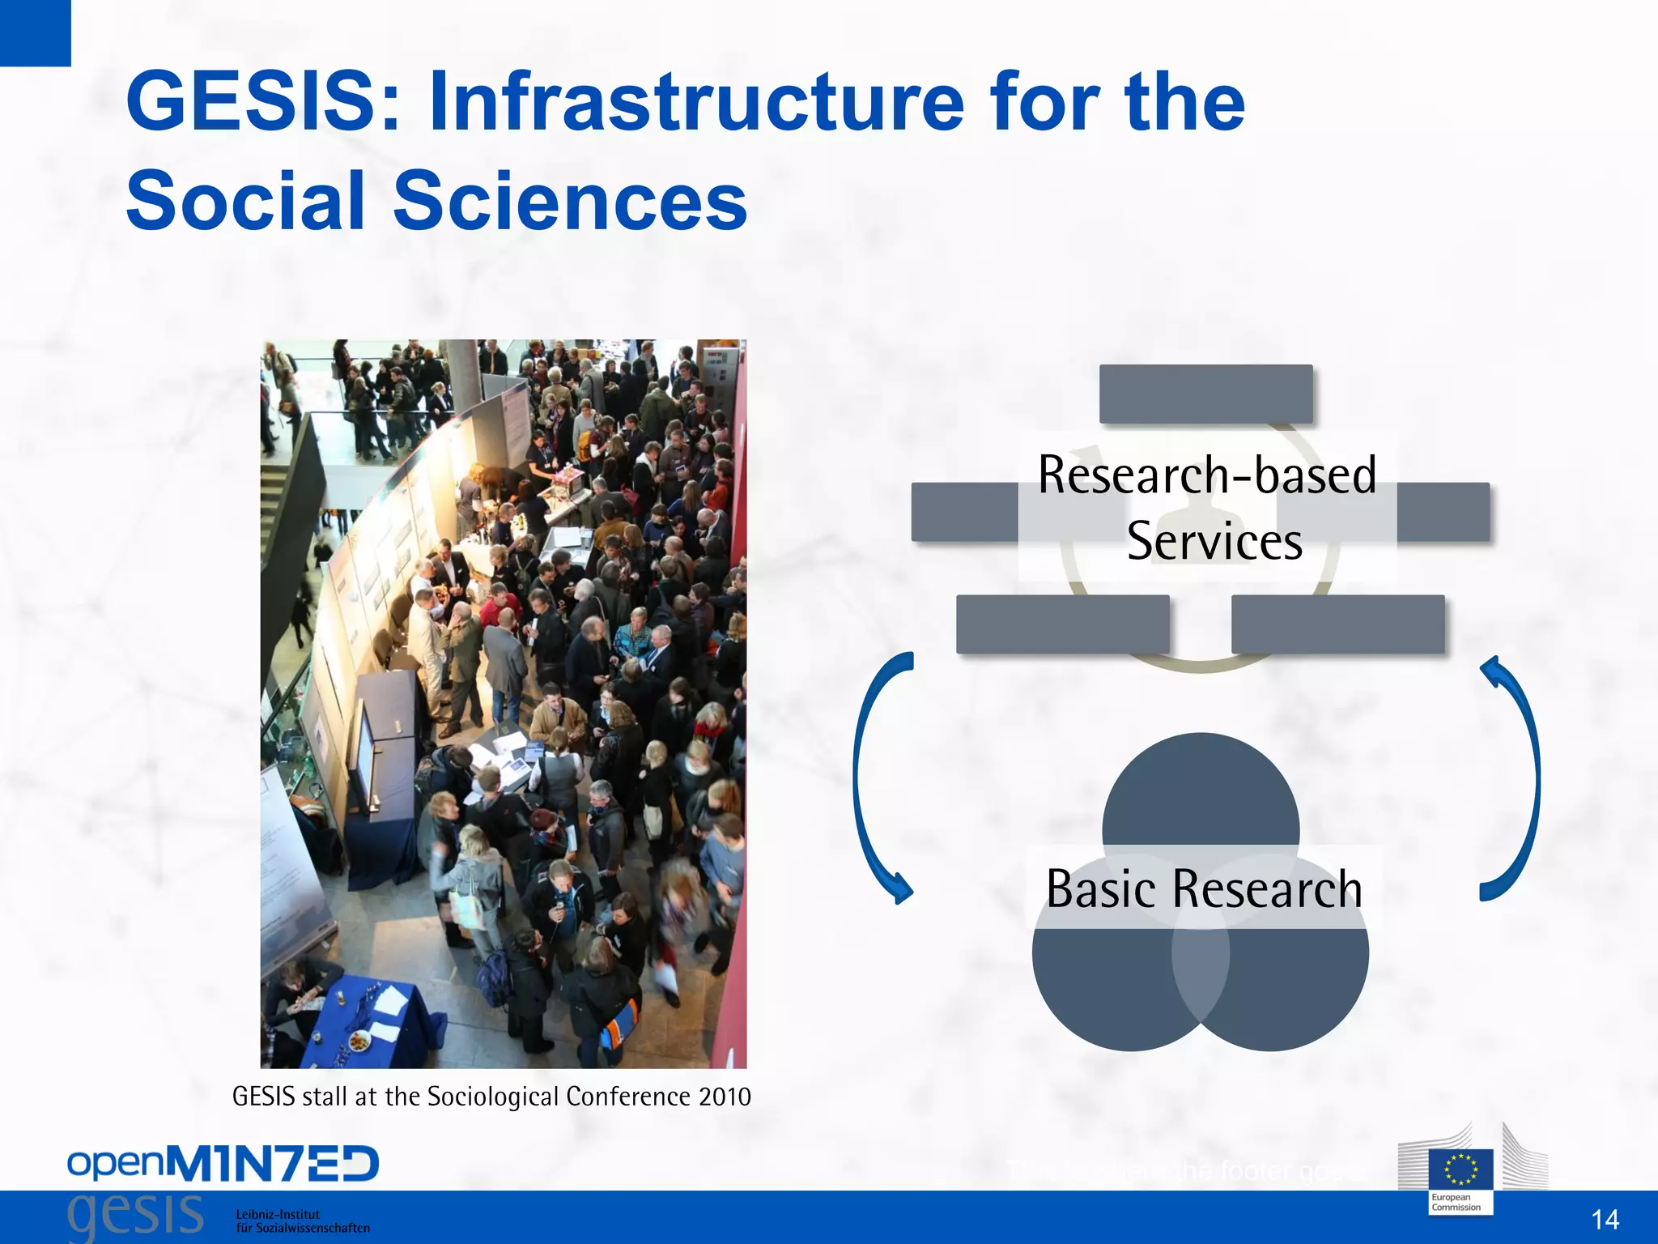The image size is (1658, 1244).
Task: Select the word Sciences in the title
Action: click(x=570, y=200)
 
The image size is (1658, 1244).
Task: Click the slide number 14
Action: click(x=1605, y=1219)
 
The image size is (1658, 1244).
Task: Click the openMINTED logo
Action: click(x=223, y=1164)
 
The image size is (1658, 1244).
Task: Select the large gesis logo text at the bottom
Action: click(x=135, y=1215)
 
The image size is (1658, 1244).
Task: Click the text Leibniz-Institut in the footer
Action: click(x=278, y=1214)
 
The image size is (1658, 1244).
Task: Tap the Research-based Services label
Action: click(x=1208, y=507)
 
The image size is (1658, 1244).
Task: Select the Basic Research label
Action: click(x=1204, y=888)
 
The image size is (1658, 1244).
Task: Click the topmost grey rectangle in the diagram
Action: click(x=1205, y=394)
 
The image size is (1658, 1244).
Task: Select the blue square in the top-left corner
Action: click(x=35, y=32)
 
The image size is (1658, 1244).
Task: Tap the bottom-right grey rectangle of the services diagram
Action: click(x=1337, y=624)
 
